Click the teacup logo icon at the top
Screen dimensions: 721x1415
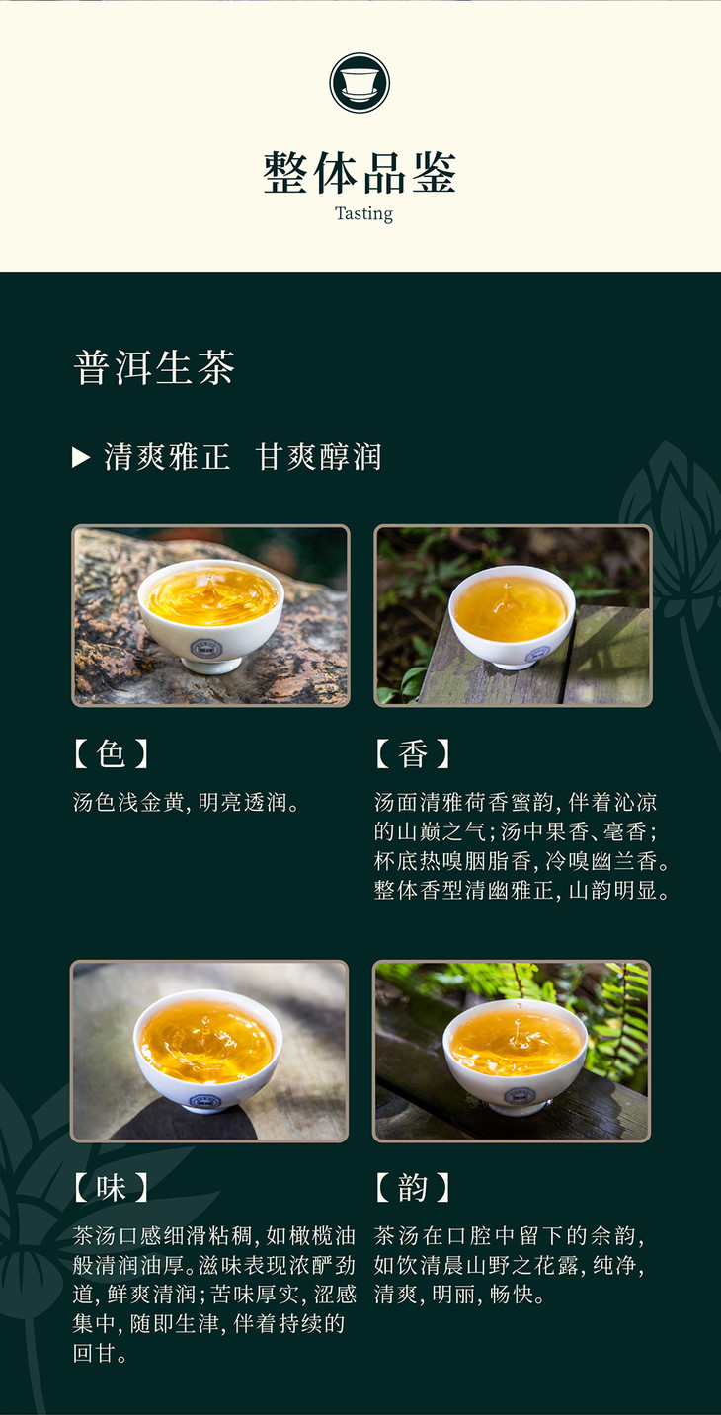[x=360, y=83]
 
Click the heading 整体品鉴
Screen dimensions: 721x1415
[x=360, y=173]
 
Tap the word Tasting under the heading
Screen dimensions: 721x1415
[x=364, y=214]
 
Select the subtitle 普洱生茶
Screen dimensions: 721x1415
[x=154, y=367]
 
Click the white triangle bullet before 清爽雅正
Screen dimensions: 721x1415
[x=80, y=457]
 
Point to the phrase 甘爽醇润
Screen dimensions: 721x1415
[x=318, y=457]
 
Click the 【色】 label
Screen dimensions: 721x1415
[x=112, y=753]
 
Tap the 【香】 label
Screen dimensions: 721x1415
[x=413, y=753]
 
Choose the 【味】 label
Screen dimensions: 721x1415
[x=112, y=1188]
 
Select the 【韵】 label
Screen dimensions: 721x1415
[x=413, y=1188]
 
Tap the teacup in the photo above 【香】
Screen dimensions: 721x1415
[x=512, y=616]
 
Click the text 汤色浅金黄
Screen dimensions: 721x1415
[x=129, y=802]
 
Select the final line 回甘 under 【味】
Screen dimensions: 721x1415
[x=100, y=1353]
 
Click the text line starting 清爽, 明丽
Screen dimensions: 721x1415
[x=460, y=1295]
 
